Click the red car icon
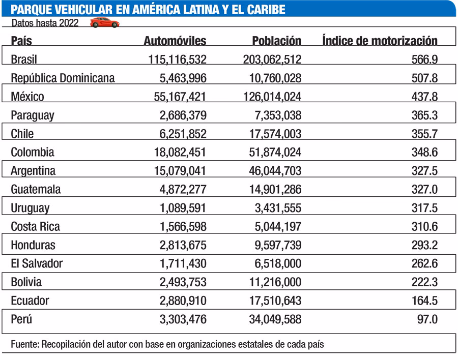click(104, 23)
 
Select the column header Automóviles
click(175, 41)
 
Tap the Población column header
click(276, 41)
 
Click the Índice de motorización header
click(380, 41)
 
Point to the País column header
click(21, 41)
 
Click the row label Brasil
click(24, 60)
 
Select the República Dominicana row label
click(63, 78)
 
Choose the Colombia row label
click(33, 152)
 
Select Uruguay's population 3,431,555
click(277, 208)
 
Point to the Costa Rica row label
click(33, 226)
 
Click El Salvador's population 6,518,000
click(277, 263)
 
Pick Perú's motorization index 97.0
click(427, 319)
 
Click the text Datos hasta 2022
click(45, 23)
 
